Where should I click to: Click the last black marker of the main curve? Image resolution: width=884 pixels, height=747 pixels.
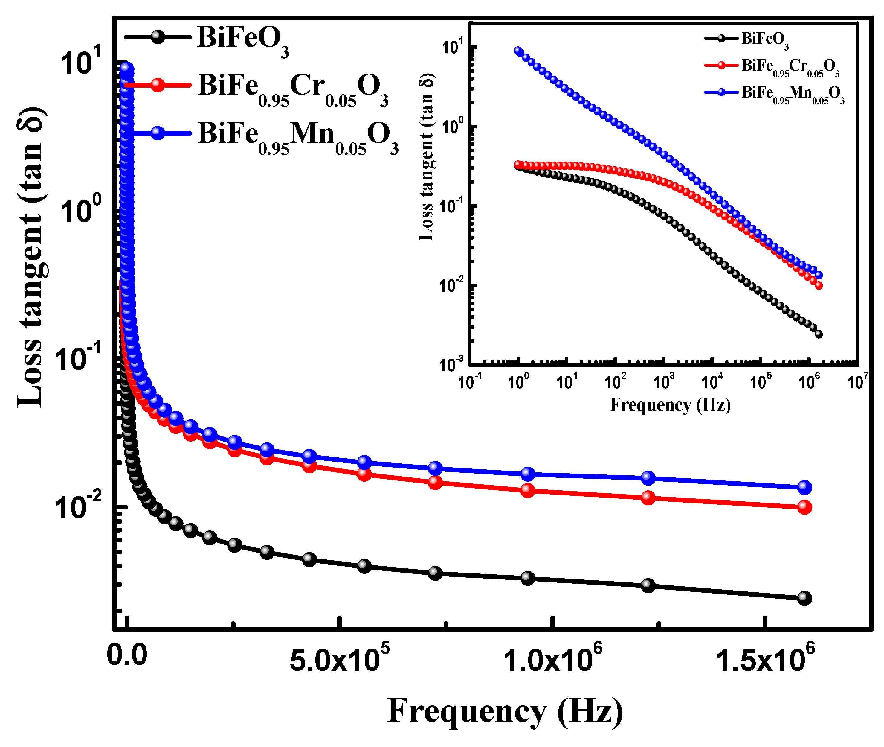[x=804, y=598]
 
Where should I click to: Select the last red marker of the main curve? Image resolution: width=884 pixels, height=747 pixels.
[x=804, y=507]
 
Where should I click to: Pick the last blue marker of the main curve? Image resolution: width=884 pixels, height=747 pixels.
[x=804, y=487]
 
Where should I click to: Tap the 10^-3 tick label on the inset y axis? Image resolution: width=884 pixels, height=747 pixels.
[x=451, y=363]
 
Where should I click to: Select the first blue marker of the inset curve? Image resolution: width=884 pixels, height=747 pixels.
[x=518, y=51]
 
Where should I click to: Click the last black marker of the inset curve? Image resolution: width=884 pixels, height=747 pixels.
[x=819, y=334]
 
